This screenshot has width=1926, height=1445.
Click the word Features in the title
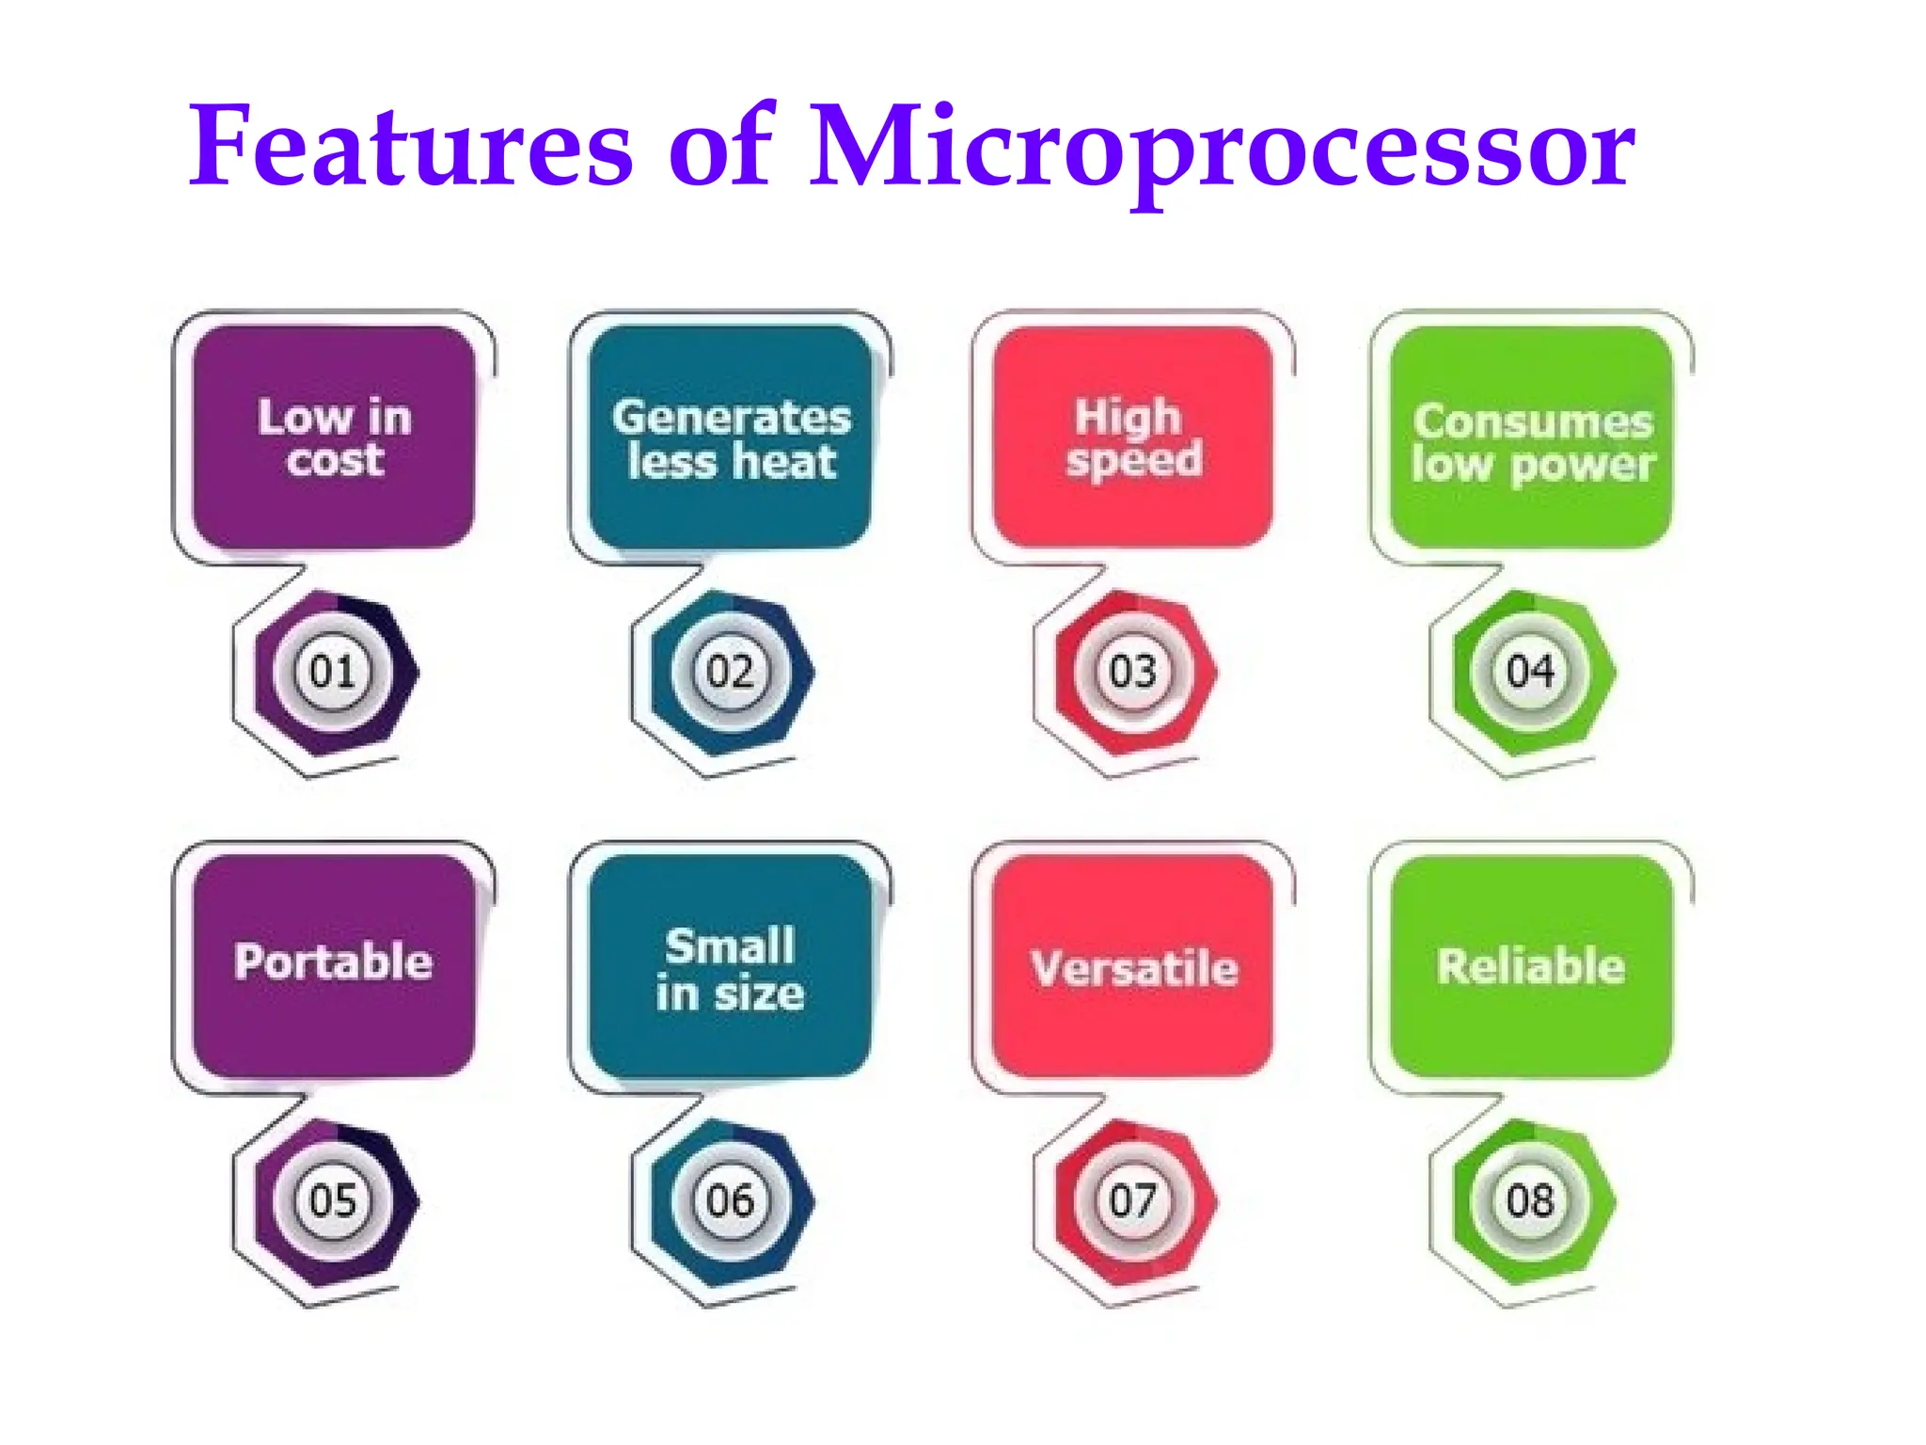(x=411, y=147)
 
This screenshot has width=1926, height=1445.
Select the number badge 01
(x=332, y=672)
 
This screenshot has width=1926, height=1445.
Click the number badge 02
(x=731, y=672)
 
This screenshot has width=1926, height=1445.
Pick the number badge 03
(x=1132, y=672)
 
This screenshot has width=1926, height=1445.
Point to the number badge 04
(x=1530, y=672)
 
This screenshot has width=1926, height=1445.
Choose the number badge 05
(x=332, y=1200)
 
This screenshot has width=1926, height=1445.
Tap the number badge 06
(x=731, y=1200)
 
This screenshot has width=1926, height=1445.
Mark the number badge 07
(x=1132, y=1200)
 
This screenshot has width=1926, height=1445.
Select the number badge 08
(x=1530, y=1200)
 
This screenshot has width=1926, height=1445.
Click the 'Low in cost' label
(x=335, y=438)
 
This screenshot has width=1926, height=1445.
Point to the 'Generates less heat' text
(x=732, y=439)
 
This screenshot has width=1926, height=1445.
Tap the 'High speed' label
(x=1132, y=438)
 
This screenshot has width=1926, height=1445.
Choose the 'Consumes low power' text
(x=1533, y=443)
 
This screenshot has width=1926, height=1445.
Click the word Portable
(x=334, y=961)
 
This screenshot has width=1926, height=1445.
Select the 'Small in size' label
(x=731, y=970)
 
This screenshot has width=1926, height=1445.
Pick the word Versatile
(x=1134, y=968)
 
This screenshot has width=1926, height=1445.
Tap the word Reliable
(x=1531, y=966)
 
